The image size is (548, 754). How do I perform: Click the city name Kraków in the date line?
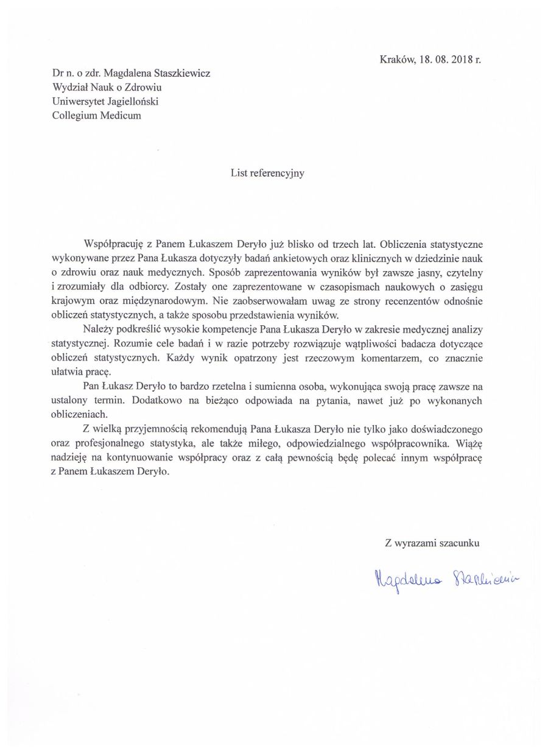pyautogui.click(x=396, y=60)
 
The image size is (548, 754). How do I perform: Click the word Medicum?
pyautogui.click(x=119, y=116)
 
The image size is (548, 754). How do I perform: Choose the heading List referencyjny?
pyautogui.click(x=267, y=173)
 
